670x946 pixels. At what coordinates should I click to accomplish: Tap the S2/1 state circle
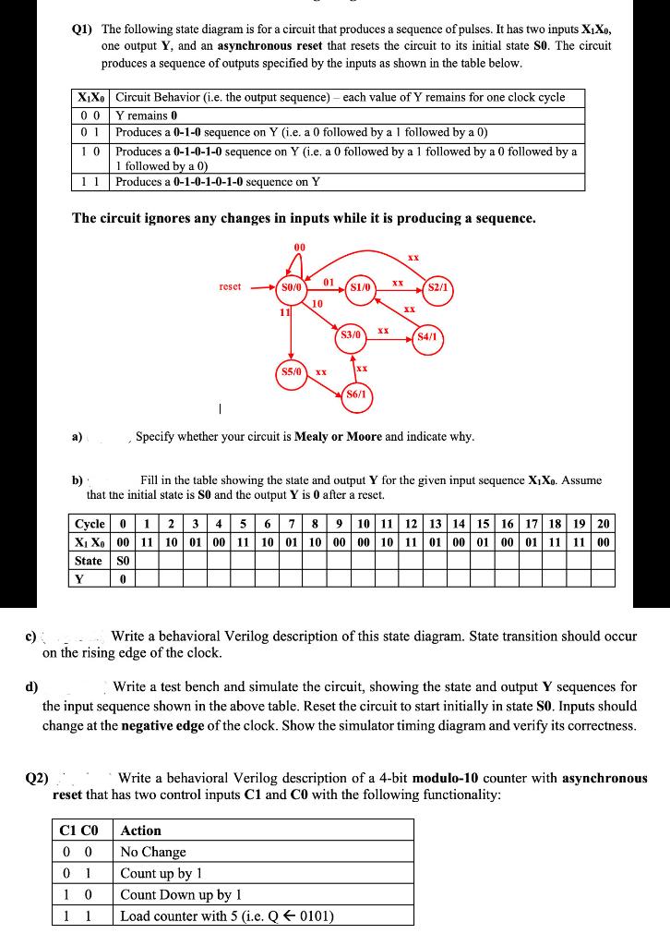coord(437,287)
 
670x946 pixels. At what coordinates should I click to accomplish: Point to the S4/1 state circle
coord(430,337)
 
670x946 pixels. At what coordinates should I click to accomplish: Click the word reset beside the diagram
coord(230,287)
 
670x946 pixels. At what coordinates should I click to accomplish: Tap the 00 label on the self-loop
coord(299,248)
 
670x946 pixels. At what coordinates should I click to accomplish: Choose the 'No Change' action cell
coord(154,852)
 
